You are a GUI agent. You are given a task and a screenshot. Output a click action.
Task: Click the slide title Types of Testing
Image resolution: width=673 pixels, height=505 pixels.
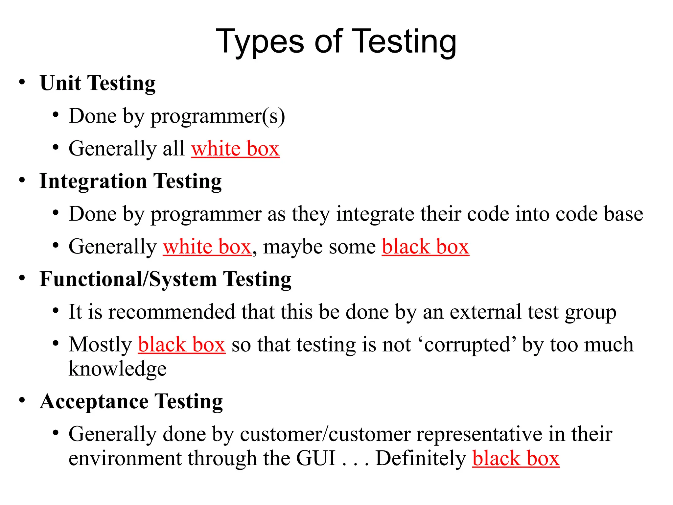click(336, 42)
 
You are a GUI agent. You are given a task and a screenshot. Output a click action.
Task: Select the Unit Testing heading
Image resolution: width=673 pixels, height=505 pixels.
click(98, 83)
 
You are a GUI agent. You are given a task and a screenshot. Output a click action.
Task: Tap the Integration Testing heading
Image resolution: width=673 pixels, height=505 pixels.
click(130, 181)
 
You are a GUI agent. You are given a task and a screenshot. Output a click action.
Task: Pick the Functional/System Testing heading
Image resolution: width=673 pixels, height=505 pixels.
click(165, 279)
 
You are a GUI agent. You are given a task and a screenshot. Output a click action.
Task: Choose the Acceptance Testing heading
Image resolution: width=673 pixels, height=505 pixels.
click(131, 401)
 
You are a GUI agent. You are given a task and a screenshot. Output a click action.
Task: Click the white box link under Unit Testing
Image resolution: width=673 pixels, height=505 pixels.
click(235, 149)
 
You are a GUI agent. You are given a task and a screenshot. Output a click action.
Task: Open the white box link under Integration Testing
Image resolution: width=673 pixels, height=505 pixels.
click(207, 247)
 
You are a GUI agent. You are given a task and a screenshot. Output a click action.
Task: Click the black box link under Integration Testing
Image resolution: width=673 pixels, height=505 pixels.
click(425, 247)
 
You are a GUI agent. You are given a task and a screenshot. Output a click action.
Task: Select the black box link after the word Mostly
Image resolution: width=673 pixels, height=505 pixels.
click(181, 345)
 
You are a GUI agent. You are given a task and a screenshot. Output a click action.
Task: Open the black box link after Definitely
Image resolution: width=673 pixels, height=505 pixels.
click(516, 458)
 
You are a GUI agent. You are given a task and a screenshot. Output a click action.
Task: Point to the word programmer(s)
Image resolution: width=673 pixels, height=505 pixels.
click(218, 116)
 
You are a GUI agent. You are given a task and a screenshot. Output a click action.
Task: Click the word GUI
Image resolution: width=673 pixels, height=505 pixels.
click(316, 458)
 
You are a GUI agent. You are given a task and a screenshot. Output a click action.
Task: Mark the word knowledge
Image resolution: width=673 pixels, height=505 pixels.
click(117, 369)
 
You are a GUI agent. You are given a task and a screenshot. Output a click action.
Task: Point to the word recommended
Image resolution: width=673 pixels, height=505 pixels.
click(172, 312)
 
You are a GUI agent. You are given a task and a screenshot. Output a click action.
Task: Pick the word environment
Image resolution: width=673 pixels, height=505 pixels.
click(125, 458)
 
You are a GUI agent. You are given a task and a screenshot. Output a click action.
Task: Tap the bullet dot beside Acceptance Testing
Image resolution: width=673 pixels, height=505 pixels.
click(22, 400)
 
